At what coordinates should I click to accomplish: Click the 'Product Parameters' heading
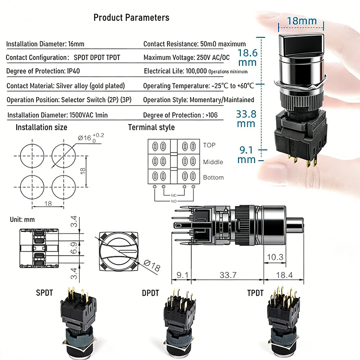(x=131, y=18)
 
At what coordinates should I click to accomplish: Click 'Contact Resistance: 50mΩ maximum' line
(x=194, y=44)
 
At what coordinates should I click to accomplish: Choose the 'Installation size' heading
(x=41, y=127)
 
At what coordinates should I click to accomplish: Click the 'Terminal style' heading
(x=151, y=127)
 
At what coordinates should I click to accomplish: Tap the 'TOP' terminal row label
(x=209, y=145)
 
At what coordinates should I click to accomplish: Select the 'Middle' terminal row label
(x=213, y=162)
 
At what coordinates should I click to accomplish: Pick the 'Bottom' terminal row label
(x=213, y=177)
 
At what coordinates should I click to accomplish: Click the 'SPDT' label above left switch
(x=45, y=293)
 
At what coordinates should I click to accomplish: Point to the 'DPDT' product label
(x=151, y=293)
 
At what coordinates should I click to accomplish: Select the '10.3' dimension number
(x=274, y=257)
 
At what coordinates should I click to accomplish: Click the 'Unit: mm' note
(x=22, y=220)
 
